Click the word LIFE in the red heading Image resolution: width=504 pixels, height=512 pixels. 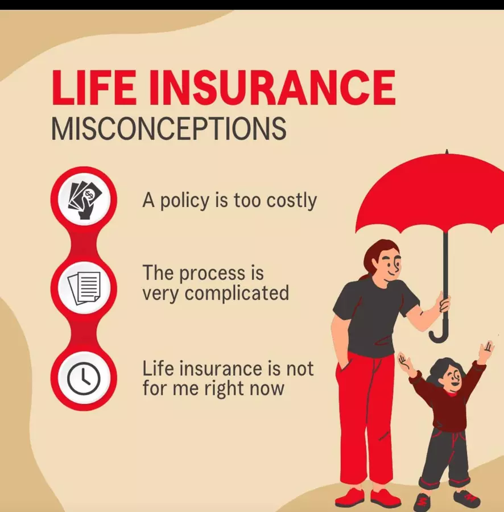[94, 87]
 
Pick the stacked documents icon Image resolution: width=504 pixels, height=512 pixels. [84, 288]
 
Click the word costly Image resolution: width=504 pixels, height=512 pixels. [291, 200]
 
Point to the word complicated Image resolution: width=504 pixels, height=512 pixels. [237, 294]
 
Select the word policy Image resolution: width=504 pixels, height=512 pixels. [184, 200]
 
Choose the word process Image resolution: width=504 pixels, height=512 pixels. [212, 274]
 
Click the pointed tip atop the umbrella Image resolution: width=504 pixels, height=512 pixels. [447, 152]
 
